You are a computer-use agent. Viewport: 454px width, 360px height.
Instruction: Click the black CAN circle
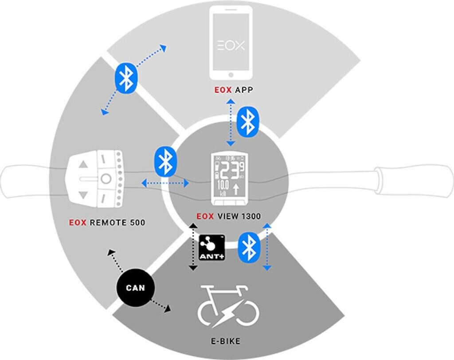point(135,288)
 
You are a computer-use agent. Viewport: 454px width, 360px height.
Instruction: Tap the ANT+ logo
point(211,247)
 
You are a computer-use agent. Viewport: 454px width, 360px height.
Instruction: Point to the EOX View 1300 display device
point(229,179)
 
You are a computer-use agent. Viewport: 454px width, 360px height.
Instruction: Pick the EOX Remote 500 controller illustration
point(98,180)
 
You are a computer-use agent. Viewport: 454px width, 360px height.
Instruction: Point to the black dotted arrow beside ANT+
point(192,247)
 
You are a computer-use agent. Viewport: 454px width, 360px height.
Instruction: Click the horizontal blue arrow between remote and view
point(164,182)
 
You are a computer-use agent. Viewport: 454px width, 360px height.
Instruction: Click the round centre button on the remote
point(105,179)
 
